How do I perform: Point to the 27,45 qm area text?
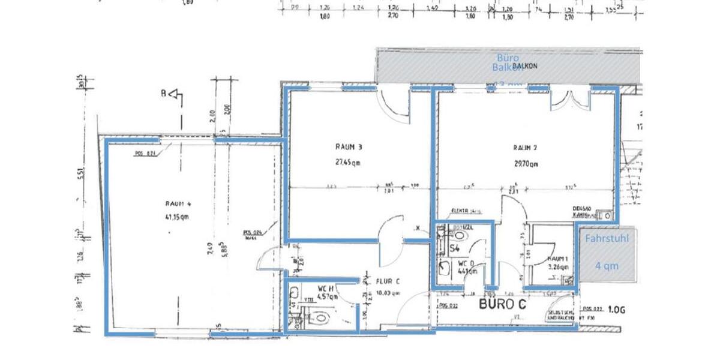tap(349, 161)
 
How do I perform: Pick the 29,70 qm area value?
tap(526, 163)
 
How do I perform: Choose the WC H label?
tap(325, 289)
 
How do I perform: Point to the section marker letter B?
tap(162, 93)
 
